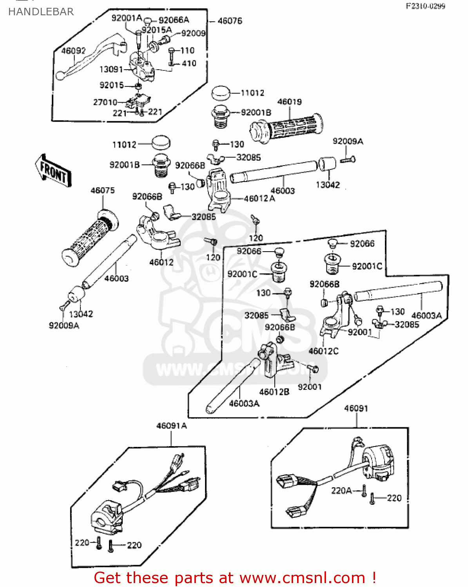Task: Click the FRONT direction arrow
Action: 53,171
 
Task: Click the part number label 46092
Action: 73,50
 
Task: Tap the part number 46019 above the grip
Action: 289,102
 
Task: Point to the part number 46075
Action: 103,191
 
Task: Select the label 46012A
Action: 259,199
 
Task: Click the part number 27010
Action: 105,102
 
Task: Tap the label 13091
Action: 111,69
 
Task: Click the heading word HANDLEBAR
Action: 41,12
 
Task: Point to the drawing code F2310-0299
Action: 425,6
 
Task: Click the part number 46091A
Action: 171,426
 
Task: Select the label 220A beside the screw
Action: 341,491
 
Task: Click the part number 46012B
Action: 274,392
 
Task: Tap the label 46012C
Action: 323,351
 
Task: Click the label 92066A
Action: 174,20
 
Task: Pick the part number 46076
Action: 230,21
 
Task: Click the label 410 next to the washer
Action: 189,63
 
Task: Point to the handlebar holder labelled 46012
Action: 157,235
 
